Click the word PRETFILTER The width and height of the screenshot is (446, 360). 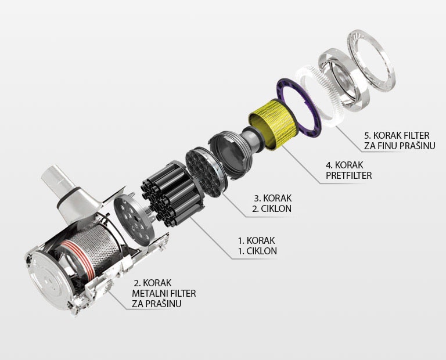(x=348, y=175)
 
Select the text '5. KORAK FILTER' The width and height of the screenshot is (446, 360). (x=397, y=135)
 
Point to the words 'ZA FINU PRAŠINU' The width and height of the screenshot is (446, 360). (x=400, y=146)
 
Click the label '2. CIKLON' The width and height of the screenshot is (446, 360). (x=272, y=208)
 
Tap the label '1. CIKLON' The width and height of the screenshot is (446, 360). (x=257, y=251)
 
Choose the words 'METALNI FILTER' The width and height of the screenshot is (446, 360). (x=164, y=293)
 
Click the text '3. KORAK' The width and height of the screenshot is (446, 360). (x=273, y=198)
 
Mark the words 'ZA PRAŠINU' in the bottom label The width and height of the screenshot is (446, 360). (x=157, y=304)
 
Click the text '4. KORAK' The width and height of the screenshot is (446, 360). (x=345, y=165)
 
